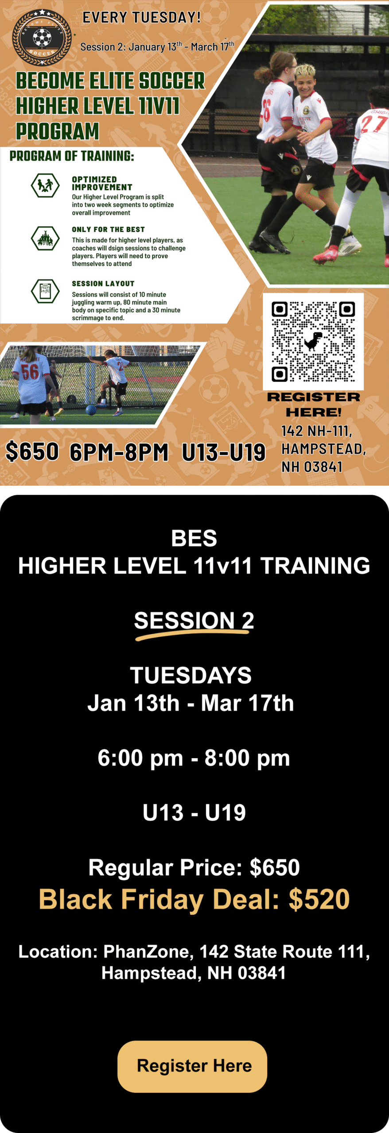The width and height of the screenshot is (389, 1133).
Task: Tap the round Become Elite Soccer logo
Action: (42, 38)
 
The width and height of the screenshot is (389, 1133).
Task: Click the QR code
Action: (313, 341)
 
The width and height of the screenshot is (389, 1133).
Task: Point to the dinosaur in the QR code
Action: (313, 341)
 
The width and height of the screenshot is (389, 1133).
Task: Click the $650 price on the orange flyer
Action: (32, 451)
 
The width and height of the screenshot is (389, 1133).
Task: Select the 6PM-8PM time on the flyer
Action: (119, 452)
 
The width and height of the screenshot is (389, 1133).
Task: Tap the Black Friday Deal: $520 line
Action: (194, 899)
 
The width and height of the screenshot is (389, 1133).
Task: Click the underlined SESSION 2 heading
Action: (194, 620)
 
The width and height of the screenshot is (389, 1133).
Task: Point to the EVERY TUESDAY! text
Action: (142, 17)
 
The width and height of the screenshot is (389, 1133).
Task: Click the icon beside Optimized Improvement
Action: (45, 185)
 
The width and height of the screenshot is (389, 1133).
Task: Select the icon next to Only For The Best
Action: (45, 238)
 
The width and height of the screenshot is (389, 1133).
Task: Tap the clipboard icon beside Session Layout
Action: (45, 291)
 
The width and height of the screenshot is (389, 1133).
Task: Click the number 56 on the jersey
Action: (30, 372)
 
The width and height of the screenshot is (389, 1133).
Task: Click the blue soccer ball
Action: (91, 410)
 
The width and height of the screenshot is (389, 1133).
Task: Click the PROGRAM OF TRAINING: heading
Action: (72, 156)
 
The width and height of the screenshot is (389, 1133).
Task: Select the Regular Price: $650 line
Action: (194, 867)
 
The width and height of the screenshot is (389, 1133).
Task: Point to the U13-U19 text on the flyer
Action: (224, 452)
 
